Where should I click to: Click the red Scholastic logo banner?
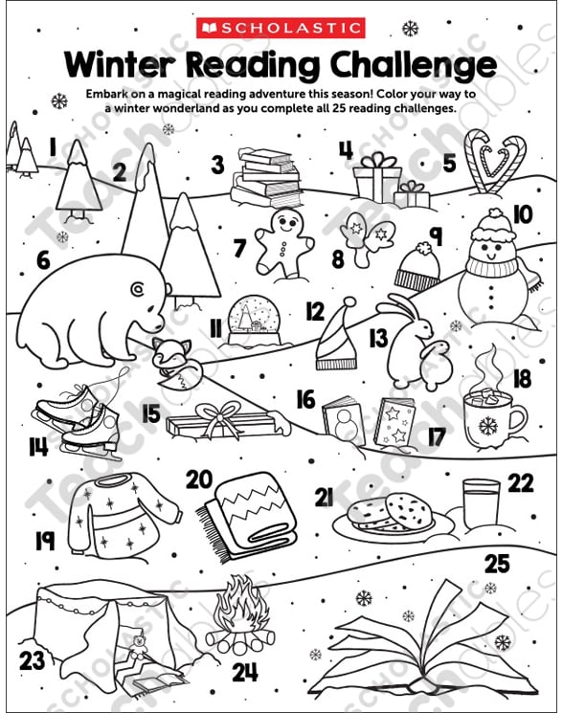281,28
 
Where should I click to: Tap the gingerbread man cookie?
282,241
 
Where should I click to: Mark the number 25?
497,564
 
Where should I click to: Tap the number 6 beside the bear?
43,261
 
